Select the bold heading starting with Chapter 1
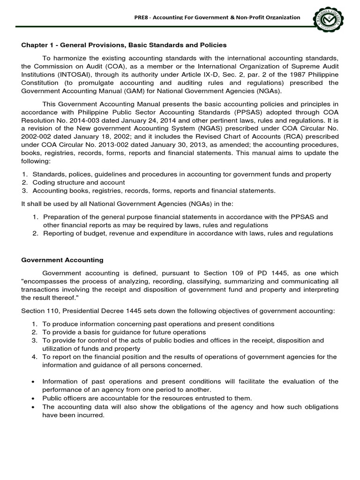(124, 45)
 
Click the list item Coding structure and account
(78, 182)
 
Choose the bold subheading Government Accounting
(62, 260)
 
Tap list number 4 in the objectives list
(34, 357)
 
